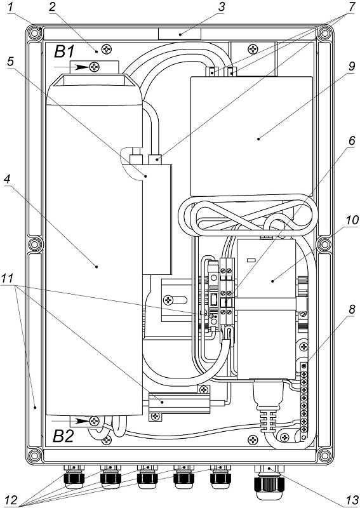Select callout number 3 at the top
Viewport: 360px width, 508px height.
coord(222,8)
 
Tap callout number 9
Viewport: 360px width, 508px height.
coord(352,67)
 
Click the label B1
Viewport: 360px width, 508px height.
coord(64,51)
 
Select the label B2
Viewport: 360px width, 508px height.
coord(63,436)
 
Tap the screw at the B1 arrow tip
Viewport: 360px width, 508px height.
coord(95,67)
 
